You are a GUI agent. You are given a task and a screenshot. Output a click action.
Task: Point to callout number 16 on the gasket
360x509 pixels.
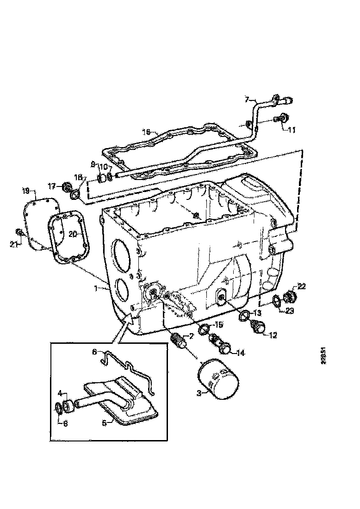coord(146,132)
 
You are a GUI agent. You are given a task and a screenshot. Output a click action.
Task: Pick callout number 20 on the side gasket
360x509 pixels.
coord(72,234)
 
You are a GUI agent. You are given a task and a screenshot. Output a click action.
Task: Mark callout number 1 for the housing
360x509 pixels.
coord(95,288)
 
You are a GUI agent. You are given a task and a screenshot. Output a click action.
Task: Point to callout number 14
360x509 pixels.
coord(240,353)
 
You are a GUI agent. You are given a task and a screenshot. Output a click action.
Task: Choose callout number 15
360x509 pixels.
coord(218,325)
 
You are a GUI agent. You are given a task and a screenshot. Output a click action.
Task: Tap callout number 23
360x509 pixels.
coord(290,311)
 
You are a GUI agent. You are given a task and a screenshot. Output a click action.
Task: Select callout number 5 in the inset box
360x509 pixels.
coord(105,422)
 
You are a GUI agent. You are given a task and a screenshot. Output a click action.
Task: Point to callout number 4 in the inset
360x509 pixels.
coord(60,393)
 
